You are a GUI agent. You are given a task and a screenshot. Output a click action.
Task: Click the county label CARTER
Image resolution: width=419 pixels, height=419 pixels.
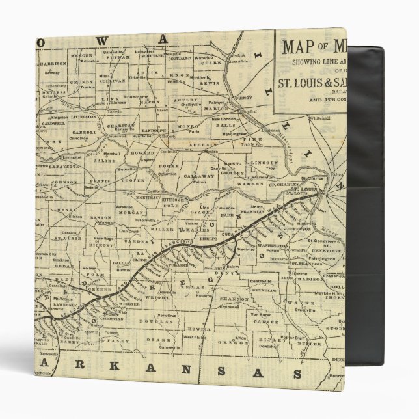click(x=260, y=321)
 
